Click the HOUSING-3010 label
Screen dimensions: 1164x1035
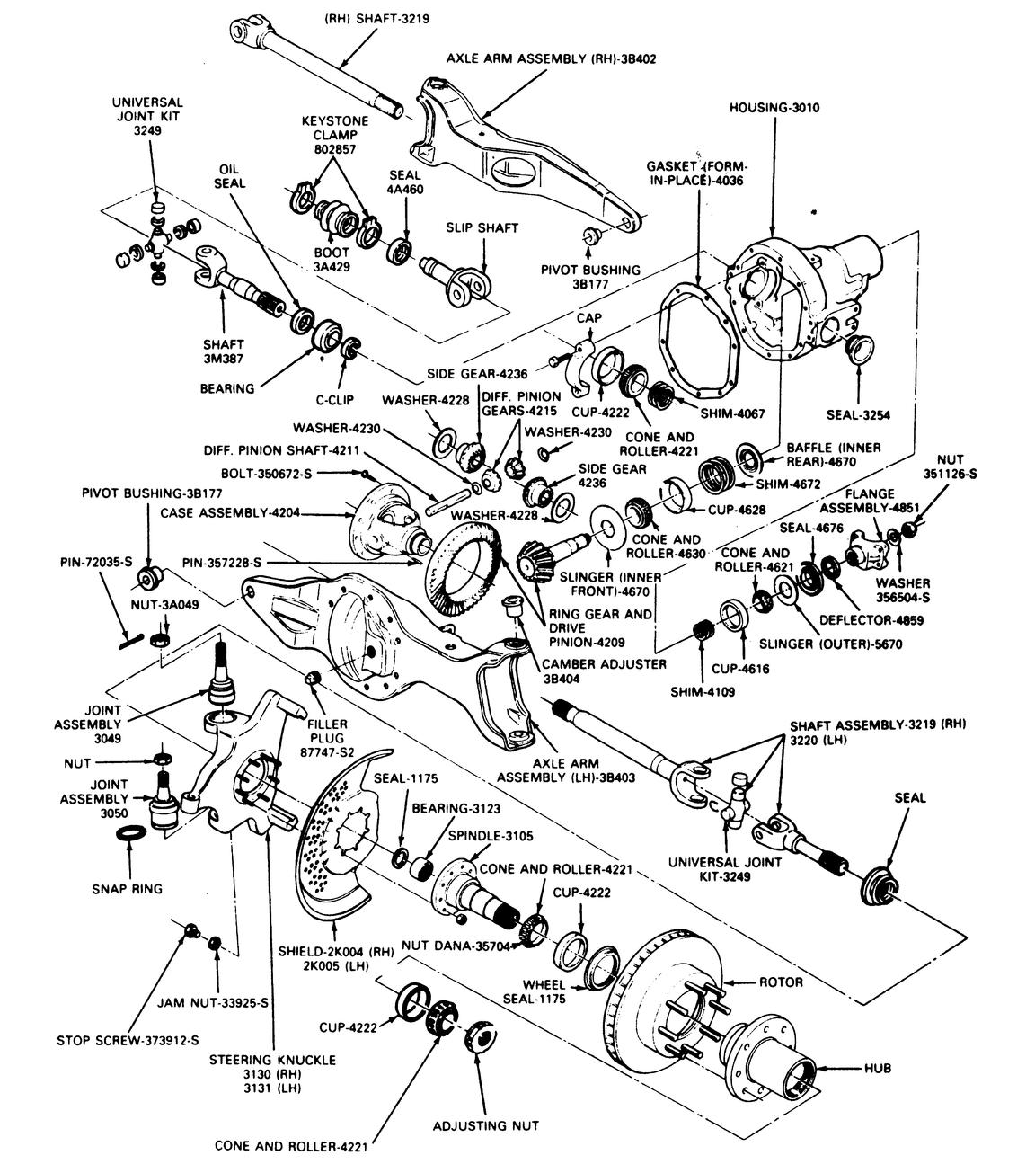click(x=774, y=107)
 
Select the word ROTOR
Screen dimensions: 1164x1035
click(x=781, y=982)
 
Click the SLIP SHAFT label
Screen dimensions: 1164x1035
click(x=482, y=227)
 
